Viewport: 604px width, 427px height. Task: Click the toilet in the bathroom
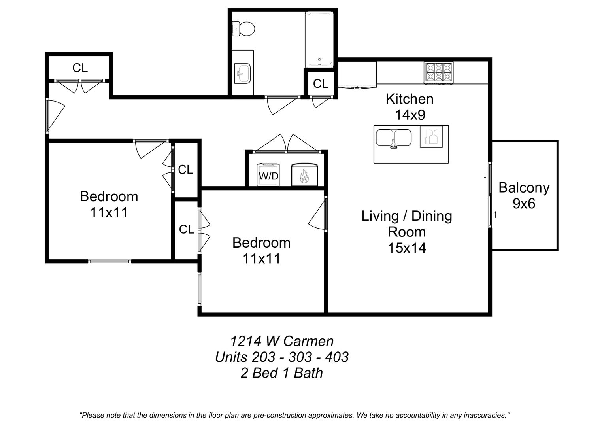click(x=243, y=28)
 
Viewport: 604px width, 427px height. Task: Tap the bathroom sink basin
click(x=242, y=74)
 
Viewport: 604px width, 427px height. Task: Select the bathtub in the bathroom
click(x=319, y=40)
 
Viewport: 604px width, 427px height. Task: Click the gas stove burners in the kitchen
click(x=438, y=73)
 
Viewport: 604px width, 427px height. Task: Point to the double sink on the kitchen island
click(x=394, y=138)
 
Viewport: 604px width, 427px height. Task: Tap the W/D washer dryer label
click(x=268, y=176)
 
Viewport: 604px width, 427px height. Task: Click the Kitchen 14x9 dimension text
click(x=410, y=107)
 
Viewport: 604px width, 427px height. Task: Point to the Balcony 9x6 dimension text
click(x=524, y=196)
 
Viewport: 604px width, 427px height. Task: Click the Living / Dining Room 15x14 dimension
click(x=407, y=232)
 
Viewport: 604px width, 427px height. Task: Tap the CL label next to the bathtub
click(x=321, y=84)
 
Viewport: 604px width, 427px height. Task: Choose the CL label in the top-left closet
click(x=80, y=68)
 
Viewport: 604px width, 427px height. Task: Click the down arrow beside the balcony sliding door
click(x=485, y=176)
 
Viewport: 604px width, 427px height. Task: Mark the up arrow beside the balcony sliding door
click(x=495, y=215)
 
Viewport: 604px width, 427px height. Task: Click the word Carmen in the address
click(x=308, y=341)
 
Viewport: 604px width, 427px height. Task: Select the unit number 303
click(x=300, y=357)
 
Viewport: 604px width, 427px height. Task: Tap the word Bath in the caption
click(x=308, y=373)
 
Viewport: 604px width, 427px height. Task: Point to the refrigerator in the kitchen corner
click(x=357, y=74)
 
